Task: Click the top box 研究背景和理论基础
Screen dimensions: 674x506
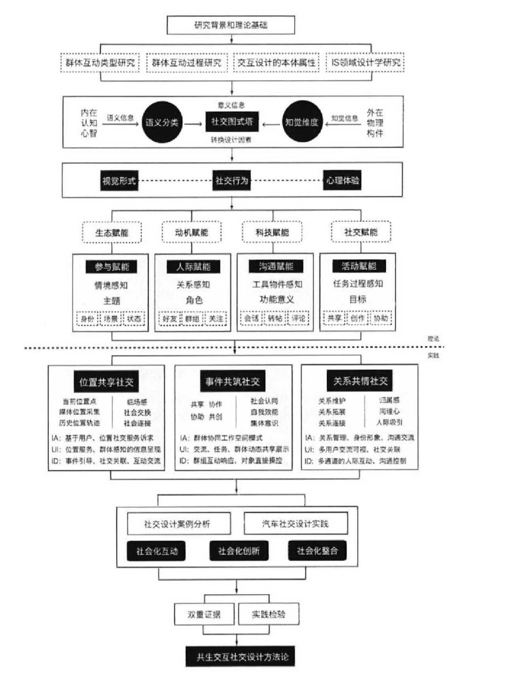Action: (x=231, y=25)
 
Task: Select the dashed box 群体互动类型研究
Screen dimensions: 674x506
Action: (x=100, y=62)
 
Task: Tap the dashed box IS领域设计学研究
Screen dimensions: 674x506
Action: (x=365, y=62)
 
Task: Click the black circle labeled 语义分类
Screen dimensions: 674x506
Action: (x=162, y=122)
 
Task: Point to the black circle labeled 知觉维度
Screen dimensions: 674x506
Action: (x=302, y=122)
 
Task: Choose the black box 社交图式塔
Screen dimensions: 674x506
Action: (x=232, y=121)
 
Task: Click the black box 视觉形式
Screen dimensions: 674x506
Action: (x=119, y=181)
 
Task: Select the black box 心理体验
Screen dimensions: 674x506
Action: (x=342, y=181)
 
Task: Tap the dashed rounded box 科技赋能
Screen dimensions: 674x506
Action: (x=272, y=232)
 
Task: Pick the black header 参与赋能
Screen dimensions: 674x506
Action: (x=112, y=267)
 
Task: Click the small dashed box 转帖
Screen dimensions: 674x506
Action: (x=275, y=318)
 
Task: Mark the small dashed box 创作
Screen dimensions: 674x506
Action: (x=357, y=318)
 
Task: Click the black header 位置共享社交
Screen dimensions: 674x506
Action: (x=106, y=382)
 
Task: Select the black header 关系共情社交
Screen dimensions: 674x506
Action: (x=360, y=381)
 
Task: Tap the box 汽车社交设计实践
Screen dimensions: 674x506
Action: (x=296, y=524)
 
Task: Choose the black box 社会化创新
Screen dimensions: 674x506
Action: (x=239, y=551)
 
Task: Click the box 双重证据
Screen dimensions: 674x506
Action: (x=204, y=614)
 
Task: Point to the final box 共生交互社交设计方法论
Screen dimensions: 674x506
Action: (x=240, y=657)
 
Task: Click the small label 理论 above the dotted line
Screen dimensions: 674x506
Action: (x=433, y=339)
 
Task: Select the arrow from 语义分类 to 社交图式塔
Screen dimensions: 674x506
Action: (x=193, y=124)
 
